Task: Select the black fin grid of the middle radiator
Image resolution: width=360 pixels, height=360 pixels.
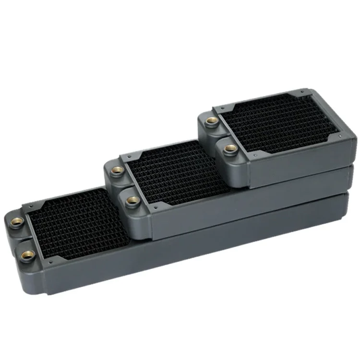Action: click(178, 173)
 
